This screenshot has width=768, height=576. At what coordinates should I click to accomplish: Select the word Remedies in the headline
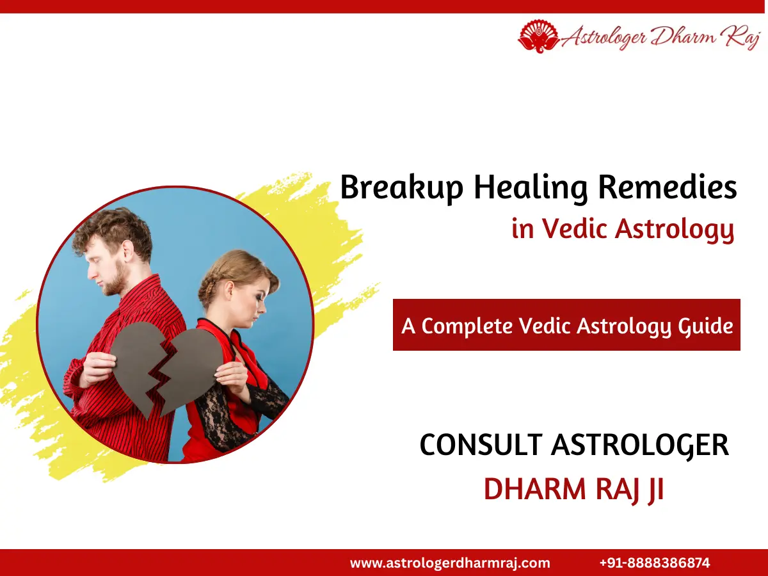point(667,188)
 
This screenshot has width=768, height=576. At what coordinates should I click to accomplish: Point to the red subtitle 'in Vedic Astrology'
point(623,228)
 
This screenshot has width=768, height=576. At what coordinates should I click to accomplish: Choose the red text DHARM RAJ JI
point(573,489)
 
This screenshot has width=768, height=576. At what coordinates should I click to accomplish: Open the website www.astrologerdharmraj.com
point(450,563)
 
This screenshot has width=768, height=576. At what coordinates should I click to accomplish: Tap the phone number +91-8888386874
point(655,563)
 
